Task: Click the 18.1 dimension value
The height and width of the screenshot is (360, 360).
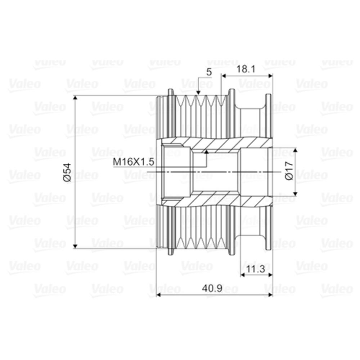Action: (246, 69)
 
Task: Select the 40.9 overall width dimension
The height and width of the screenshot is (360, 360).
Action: (212, 289)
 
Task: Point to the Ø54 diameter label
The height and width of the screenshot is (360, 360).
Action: (68, 172)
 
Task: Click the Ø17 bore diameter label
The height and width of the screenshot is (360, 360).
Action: (289, 171)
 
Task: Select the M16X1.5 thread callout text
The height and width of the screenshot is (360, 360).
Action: (134, 162)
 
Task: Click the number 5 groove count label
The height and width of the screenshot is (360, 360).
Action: (209, 72)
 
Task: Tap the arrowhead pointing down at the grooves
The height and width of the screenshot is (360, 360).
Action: (198, 92)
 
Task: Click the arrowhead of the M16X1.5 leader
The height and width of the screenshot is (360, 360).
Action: (207, 152)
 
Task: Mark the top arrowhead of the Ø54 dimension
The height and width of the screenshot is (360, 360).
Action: (75, 98)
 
